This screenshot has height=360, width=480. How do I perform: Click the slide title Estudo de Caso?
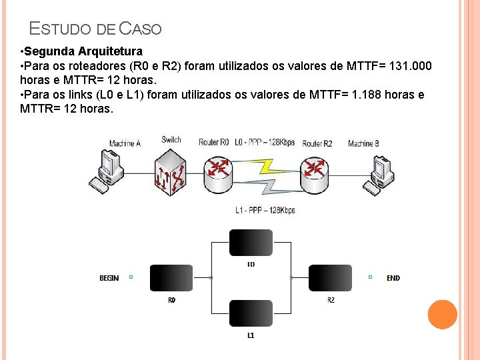coord(95,29)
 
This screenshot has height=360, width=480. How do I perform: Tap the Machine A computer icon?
coord(107,171)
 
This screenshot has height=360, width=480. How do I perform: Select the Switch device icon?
coord(171,171)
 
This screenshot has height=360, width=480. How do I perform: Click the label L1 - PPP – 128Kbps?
coord(265,210)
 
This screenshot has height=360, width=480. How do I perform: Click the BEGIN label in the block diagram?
coord(109,278)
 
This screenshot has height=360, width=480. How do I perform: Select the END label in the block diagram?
coord(393,278)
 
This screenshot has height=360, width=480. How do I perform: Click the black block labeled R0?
coord(171,278)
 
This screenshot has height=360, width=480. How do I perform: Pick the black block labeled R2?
coord(330,278)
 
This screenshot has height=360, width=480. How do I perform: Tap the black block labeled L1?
coord(251,313)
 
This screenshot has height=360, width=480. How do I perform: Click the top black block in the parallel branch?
coord(251,243)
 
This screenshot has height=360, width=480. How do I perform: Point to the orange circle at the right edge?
coord(442,315)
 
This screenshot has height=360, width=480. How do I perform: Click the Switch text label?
coord(171,140)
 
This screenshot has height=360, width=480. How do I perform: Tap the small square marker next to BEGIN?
coord(131,277)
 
